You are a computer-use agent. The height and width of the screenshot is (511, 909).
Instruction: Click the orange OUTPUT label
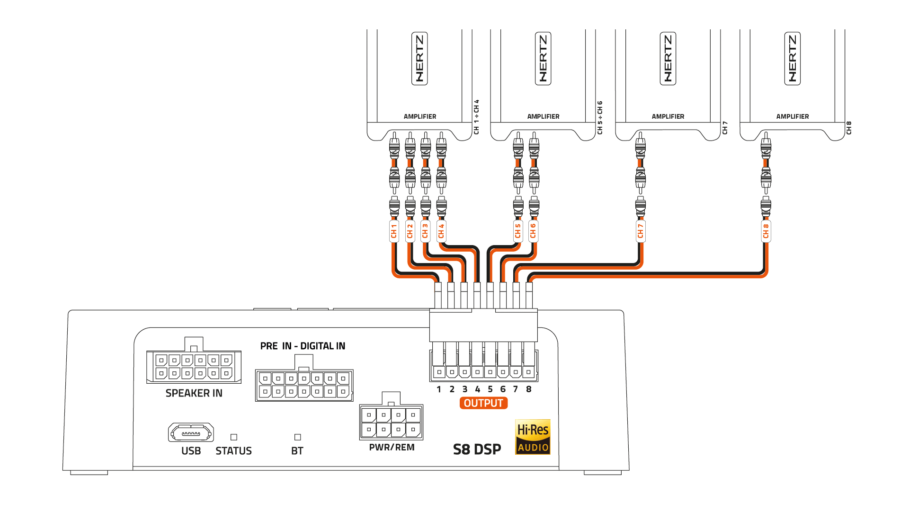tap(483, 403)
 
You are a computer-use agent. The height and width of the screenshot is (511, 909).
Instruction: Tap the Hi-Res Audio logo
tap(533, 437)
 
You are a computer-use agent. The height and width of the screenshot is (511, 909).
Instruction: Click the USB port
tap(191, 432)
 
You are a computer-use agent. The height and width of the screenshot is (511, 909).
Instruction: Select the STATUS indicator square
tap(233, 437)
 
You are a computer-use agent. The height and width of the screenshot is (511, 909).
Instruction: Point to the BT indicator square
tap(297, 437)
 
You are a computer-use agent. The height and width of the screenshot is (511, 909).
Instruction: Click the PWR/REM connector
tap(391, 422)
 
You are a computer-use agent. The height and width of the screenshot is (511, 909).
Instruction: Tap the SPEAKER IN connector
tap(194, 367)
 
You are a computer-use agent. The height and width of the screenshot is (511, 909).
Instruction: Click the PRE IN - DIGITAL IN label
tap(303, 346)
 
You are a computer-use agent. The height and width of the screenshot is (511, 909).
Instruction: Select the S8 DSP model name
tap(477, 449)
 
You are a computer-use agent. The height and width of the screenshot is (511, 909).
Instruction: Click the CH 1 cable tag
tap(394, 231)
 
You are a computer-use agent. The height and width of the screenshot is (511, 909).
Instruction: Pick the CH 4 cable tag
tap(441, 231)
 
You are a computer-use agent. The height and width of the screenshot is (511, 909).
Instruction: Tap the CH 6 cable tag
tap(534, 231)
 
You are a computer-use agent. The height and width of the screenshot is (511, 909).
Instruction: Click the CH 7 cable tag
tap(641, 231)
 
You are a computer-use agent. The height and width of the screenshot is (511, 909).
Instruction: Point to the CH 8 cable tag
tap(766, 231)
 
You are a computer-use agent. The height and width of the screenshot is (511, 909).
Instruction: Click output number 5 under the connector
tap(490, 389)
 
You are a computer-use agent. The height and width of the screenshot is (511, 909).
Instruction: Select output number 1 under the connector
tap(439, 389)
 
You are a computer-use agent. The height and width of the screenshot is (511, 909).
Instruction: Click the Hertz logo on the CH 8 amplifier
tap(793, 59)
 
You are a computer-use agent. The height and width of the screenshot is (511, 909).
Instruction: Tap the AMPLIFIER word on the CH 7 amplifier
tap(668, 116)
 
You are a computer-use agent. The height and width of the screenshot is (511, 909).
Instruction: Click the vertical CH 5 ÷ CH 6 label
tap(600, 117)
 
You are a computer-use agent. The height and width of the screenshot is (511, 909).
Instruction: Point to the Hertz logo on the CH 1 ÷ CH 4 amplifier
tap(419, 59)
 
